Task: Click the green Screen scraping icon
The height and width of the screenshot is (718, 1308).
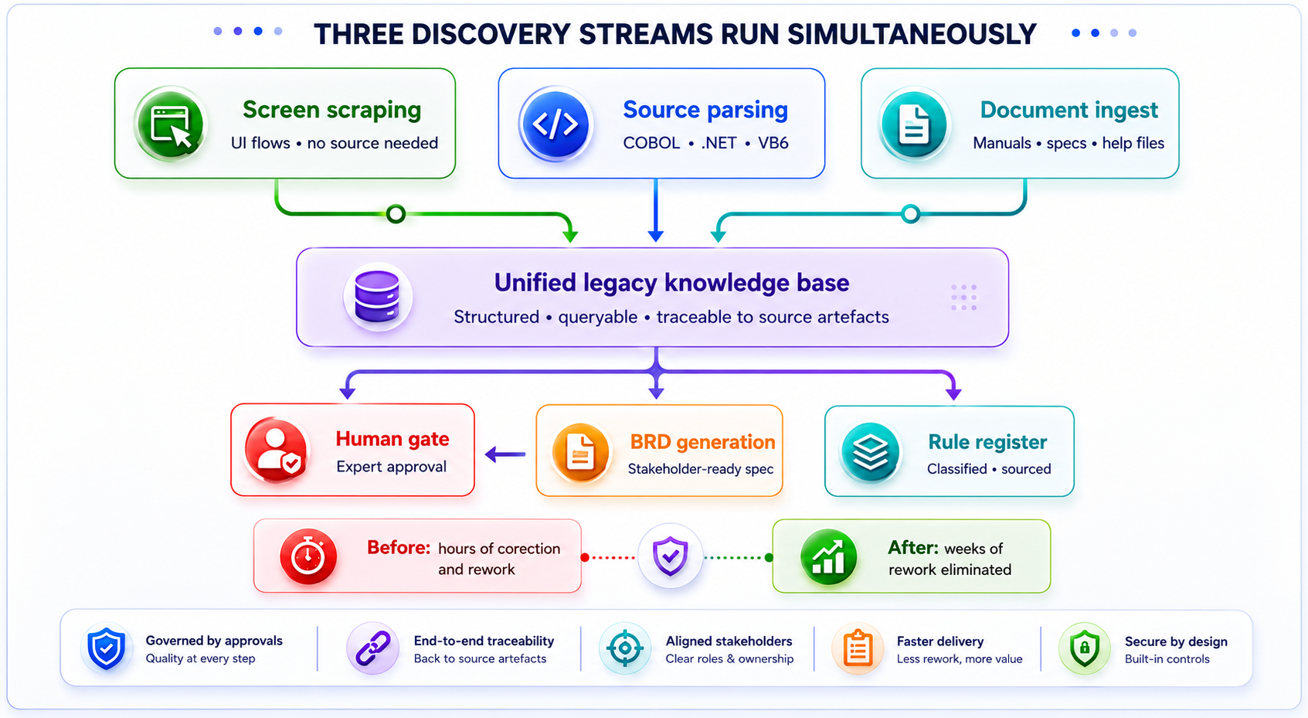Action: [x=170, y=124]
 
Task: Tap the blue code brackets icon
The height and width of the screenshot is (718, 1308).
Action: [x=555, y=124]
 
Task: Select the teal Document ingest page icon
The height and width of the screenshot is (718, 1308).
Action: [x=914, y=124]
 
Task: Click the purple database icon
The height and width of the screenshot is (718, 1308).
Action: [x=377, y=297]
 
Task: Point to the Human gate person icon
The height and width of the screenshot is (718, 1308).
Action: [x=277, y=449]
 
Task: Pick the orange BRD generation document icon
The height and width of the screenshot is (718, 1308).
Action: [x=580, y=452]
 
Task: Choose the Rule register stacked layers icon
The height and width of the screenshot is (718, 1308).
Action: [x=870, y=452]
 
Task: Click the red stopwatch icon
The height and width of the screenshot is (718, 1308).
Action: [x=307, y=556]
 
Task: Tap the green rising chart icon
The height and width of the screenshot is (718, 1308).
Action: [x=828, y=556]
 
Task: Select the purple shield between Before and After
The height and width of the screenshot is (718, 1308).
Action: [x=670, y=556]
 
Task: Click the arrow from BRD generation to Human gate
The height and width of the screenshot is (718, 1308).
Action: [x=505, y=454]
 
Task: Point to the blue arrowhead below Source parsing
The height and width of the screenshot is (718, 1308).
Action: [x=656, y=236]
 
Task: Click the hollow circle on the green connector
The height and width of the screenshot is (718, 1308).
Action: [x=396, y=214]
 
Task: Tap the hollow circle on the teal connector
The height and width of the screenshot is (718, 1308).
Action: [x=910, y=214]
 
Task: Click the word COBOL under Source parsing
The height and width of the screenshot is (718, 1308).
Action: [x=651, y=143]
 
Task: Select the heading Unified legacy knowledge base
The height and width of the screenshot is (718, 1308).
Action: [x=671, y=283]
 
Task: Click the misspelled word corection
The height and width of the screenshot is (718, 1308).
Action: [x=527, y=549]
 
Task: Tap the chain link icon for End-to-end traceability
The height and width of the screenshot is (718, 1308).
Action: [x=373, y=648]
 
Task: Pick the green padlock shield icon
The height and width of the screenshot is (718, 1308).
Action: [x=1085, y=648]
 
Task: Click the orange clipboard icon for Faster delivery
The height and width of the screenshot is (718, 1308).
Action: [x=858, y=648]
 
